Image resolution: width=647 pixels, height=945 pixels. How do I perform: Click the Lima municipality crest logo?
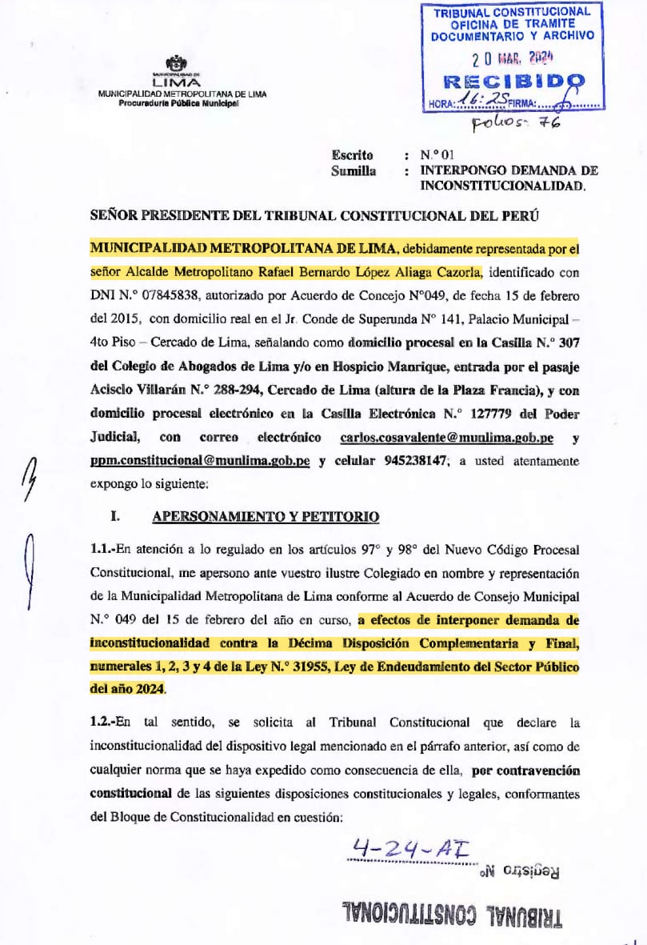click(x=174, y=63)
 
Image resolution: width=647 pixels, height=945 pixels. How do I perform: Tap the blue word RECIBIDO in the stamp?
click(x=513, y=81)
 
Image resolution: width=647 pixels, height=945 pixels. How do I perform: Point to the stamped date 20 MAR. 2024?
click(x=513, y=58)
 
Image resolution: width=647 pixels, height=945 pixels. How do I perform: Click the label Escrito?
click(x=352, y=156)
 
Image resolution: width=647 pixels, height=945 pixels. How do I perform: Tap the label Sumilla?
click(x=353, y=171)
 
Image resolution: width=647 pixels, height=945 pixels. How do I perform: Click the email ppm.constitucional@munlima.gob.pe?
click(x=199, y=462)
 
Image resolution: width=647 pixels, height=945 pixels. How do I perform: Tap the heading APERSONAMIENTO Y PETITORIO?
click(x=266, y=517)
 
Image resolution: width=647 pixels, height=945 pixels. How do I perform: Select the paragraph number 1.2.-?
click(x=103, y=723)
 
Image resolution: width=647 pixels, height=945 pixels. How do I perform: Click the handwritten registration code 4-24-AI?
click(x=411, y=847)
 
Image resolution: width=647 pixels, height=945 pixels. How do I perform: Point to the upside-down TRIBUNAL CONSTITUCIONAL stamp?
click(x=452, y=914)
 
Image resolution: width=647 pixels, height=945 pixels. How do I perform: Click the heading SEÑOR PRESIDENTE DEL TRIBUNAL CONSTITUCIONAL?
click(x=312, y=216)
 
